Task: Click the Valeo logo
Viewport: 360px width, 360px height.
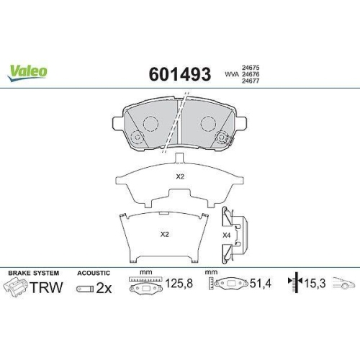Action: point(27,73)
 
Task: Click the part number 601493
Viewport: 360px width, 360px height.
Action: point(180,74)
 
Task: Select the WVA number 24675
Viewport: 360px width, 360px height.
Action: point(251,68)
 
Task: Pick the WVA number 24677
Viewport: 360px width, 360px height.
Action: point(251,81)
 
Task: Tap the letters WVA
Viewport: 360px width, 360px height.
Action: point(232,74)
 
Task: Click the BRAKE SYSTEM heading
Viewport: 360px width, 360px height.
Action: point(34,273)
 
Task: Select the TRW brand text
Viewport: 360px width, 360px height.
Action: point(47,287)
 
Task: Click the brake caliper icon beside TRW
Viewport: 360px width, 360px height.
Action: point(16,287)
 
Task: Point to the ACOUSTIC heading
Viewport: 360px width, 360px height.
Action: point(94,273)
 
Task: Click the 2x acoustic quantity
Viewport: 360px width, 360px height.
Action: point(104,288)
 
